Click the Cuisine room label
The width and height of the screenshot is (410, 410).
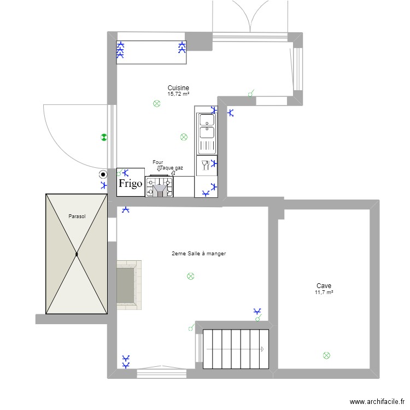pyautogui.click(x=178, y=87)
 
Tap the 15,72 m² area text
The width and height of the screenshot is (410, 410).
pyautogui.click(x=178, y=94)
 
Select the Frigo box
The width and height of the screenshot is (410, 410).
pyautogui.click(x=131, y=183)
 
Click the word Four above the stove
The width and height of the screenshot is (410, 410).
pyautogui.click(x=158, y=162)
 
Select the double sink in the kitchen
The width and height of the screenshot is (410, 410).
pyautogui.click(x=207, y=126)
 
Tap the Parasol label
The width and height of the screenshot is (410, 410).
pyautogui.click(x=77, y=216)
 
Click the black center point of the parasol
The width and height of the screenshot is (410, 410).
pyautogui.click(x=77, y=254)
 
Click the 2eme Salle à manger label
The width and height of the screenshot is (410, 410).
pyautogui.click(x=198, y=253)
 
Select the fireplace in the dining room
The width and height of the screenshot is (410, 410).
pyautogui.click(x=129, y=284)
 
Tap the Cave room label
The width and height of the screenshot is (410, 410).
pyautogui.click(x=324, y=286)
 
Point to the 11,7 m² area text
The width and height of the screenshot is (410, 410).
pyautogui.click(x=324, y=292)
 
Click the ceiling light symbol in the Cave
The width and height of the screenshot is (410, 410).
pyautogui.click(x=327, y=355)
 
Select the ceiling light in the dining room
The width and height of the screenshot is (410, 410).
pyautogui.click(x=190, y=277)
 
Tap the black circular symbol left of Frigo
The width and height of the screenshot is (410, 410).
pyautogui.click(x=103, y=175)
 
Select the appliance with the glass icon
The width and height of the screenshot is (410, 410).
pyautogui.click(x=206, y=165)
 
